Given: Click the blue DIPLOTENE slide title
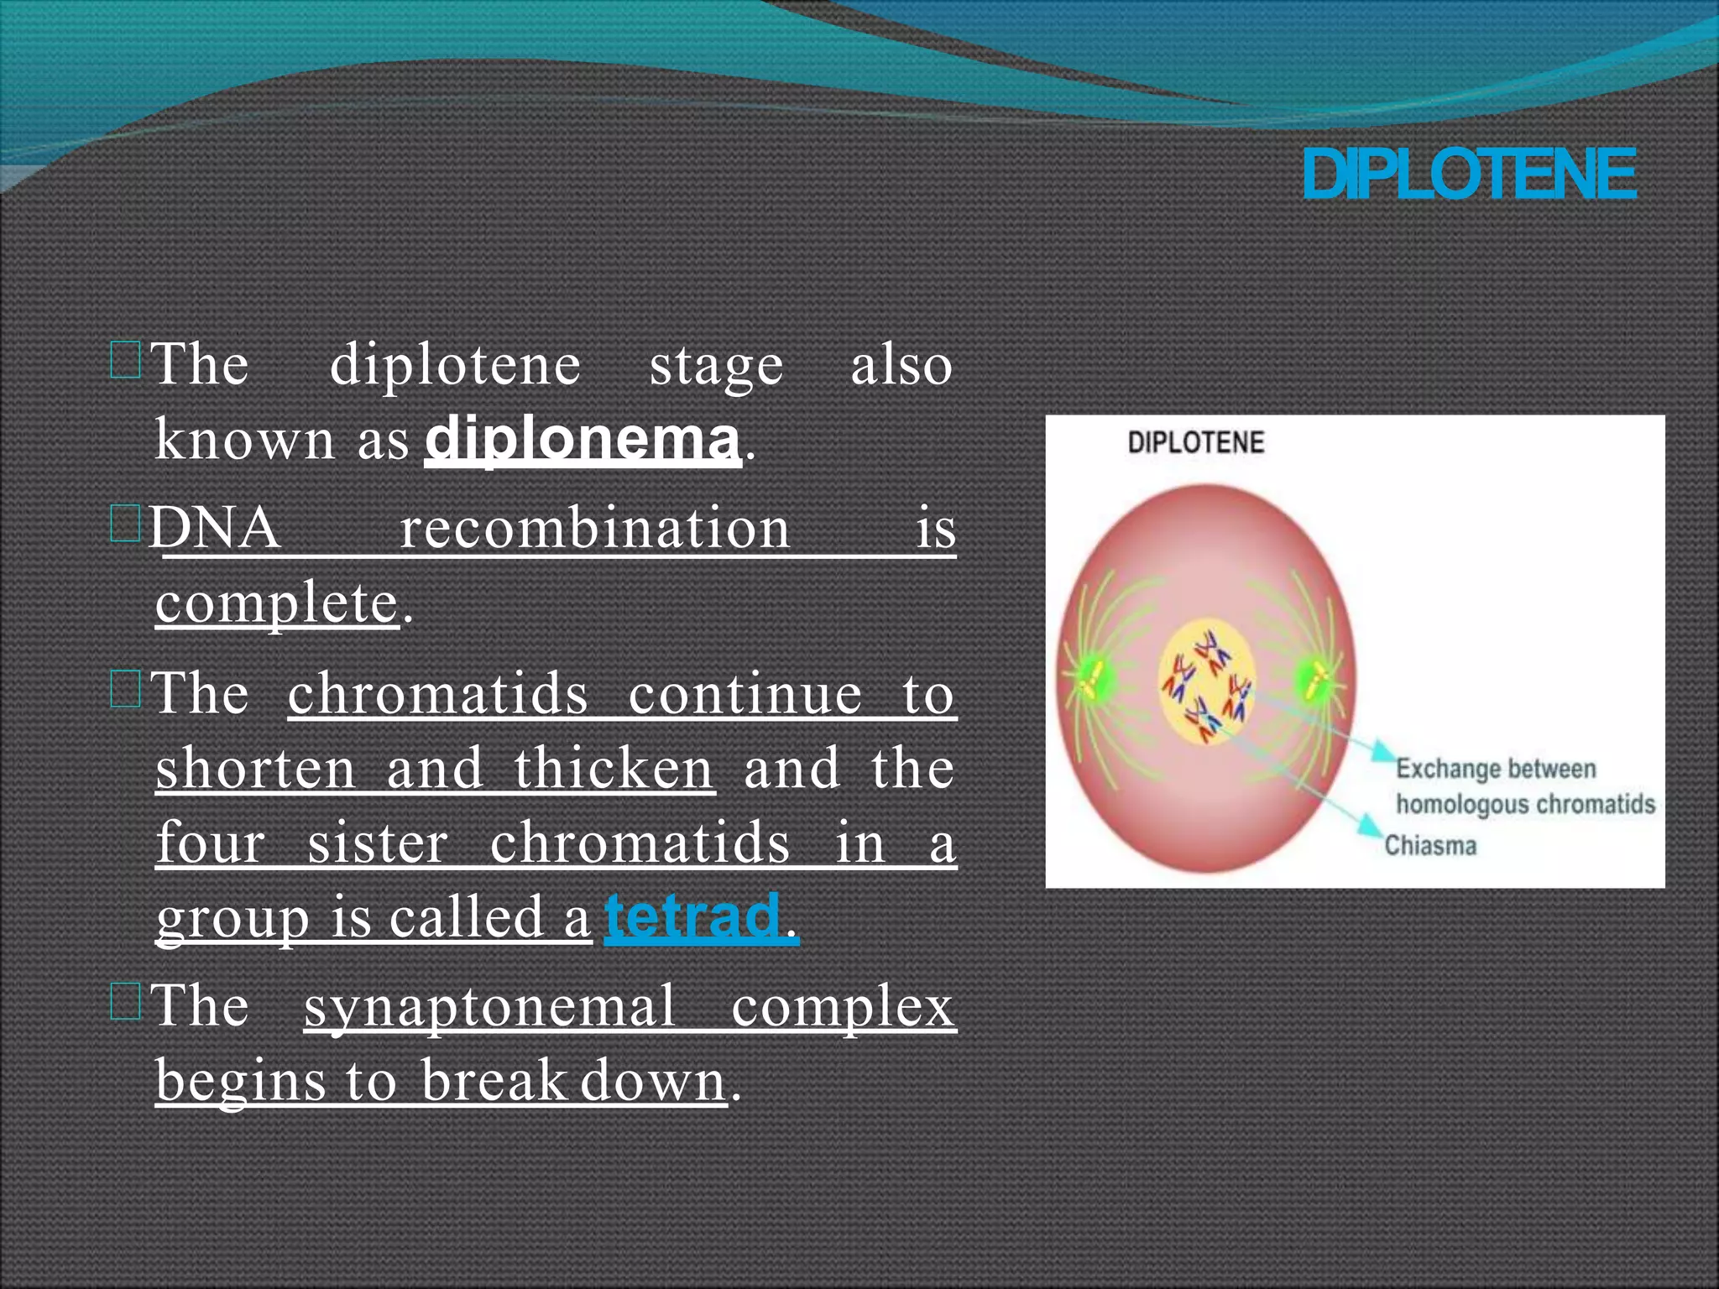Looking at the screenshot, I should pyautogui.click(x=1469, y=175).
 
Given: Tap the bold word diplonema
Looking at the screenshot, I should pyautogui.click(x=583, y=438).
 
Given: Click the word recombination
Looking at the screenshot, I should pyautogui.click(x=594, y=528).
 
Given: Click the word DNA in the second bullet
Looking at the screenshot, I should pyautogui.click(x=215, y=528).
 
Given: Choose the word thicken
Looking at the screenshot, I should pyautogui.click(x=614, y=768).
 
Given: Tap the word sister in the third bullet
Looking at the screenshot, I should pyautogui.click(x=378, y=843).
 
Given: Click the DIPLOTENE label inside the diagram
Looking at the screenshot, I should pyautogui.click(x=1195, y=443).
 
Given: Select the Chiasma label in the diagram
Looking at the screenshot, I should pyautogui.click(x=1430, y=845).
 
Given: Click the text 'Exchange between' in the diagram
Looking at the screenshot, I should pyautogui.click(x=1496, y=769).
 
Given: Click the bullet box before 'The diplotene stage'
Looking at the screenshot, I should pyautogui.click(x=125, y=362).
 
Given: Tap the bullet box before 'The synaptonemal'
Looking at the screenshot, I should pyautogui.click(x=125, y=1002).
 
